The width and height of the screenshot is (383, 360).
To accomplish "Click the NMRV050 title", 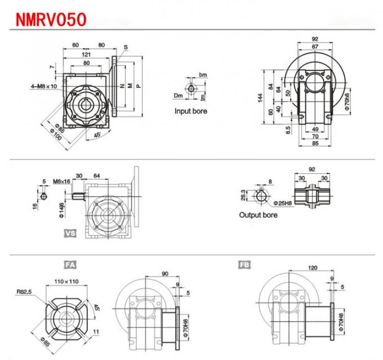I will point(51,20).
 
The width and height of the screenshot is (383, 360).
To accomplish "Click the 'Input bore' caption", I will point(190,111).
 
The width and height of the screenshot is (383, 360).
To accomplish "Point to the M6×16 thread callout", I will point(61,181).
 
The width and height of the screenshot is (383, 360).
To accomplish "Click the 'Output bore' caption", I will point(260,215).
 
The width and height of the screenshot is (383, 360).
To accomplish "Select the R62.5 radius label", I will point(24,292).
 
